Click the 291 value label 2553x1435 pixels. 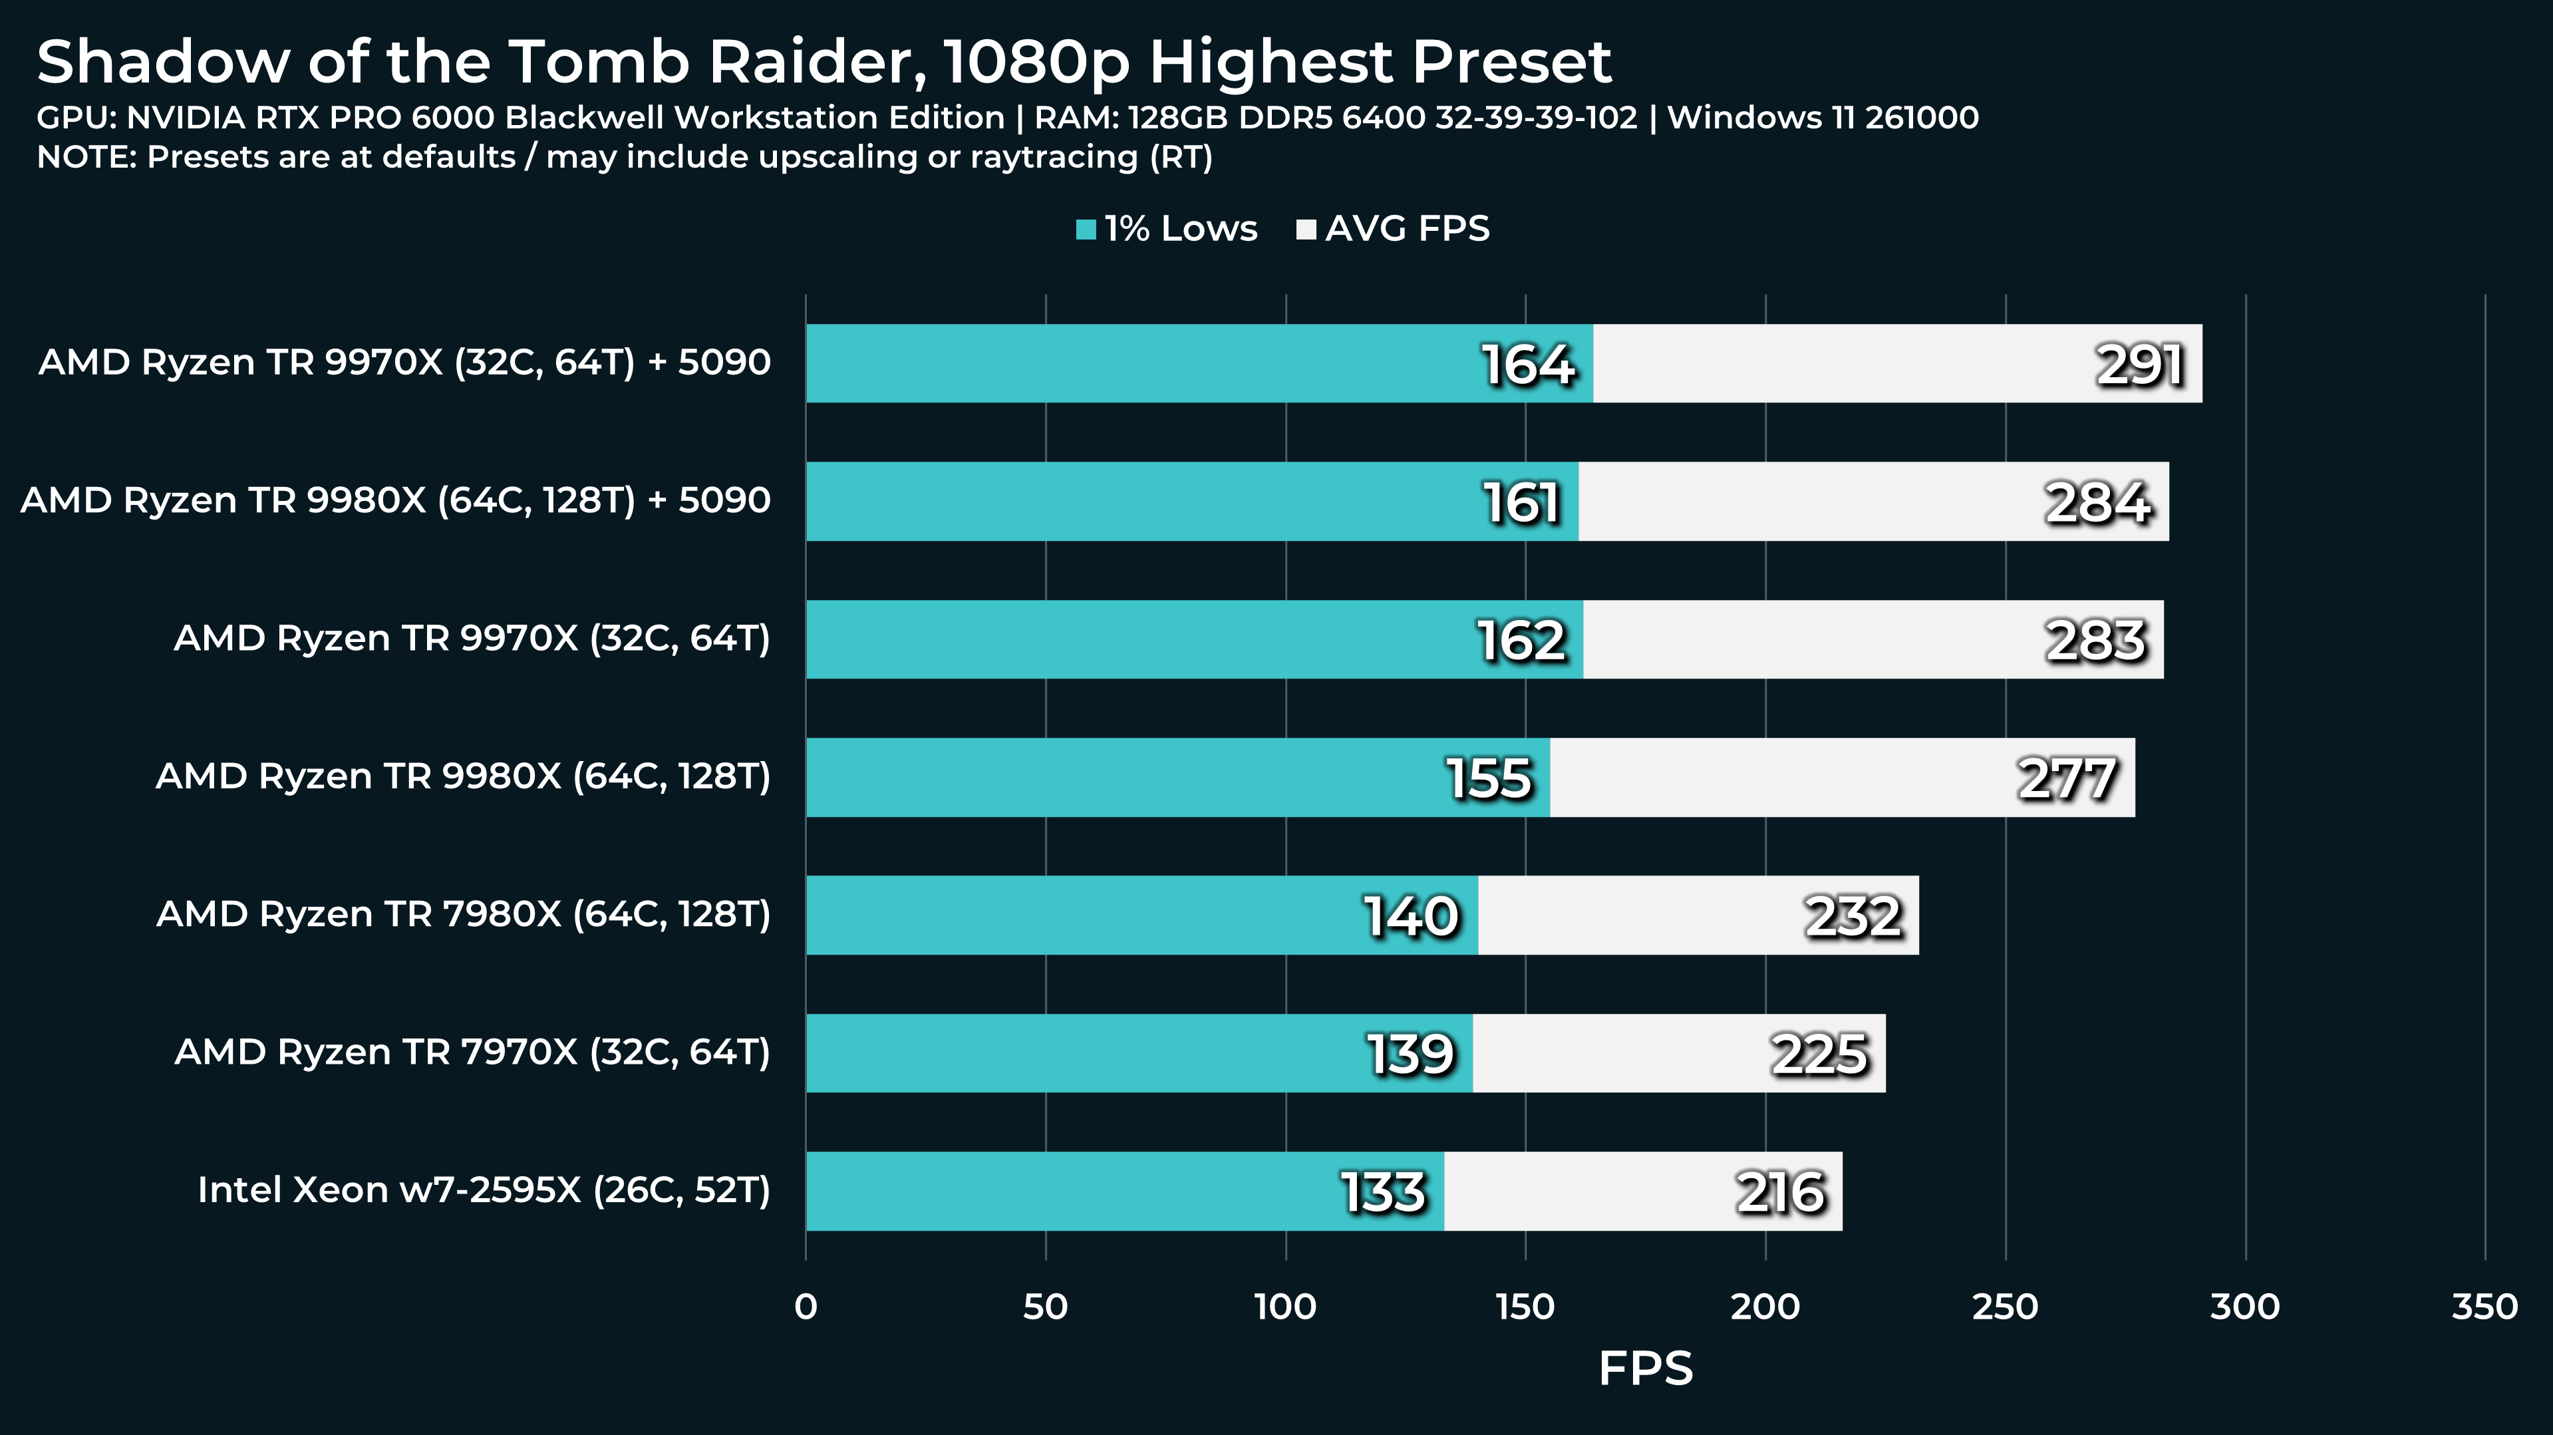[2140, 365]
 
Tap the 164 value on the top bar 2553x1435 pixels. [1527, 365]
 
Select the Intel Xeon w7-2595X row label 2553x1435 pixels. [484, 1190]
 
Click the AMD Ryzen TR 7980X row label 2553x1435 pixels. [463, 913]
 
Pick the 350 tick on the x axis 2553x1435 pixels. [2484, 1306]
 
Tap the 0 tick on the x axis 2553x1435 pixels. [806, 1306]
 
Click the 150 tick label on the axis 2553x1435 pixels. [1525, 1306]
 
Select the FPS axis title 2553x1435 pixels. [1645, 1368]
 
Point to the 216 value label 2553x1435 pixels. [1780, 1192]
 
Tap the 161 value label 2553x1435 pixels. [1521, 502]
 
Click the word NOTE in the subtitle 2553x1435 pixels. [85, 156]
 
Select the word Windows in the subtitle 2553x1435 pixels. [1744, 117]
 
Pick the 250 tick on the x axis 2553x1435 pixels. [2005, 1306]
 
